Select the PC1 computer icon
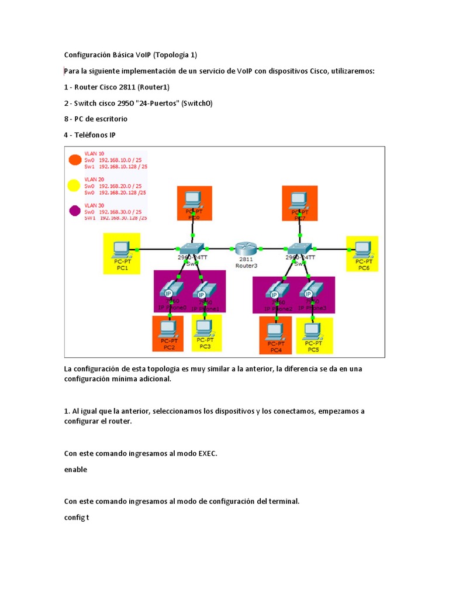point(122,248)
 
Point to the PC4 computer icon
point(275,331)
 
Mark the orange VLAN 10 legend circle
point(74,160)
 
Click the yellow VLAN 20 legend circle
point(74,186)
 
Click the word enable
point(75,469)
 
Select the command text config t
point(76,518)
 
